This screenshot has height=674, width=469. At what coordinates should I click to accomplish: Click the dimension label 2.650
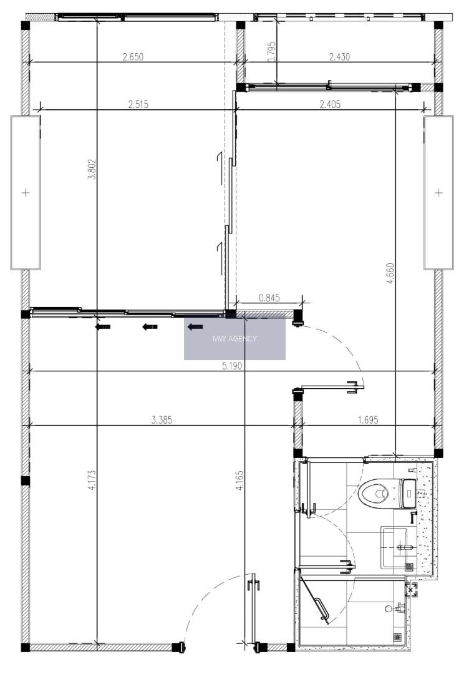133,57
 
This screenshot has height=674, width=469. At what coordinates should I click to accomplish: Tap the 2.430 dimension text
339,57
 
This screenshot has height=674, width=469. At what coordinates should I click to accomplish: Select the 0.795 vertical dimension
271,52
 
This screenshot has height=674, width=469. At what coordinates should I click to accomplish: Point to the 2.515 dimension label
138,104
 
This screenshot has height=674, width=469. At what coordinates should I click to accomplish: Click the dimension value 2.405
331,104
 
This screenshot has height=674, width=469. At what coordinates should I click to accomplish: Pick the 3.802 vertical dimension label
92,169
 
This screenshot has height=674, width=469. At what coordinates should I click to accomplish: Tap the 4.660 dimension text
390,273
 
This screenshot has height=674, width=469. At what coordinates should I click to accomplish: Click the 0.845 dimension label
269,298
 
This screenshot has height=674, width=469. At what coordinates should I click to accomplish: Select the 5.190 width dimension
233,366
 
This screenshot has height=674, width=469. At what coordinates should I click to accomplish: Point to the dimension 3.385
162,420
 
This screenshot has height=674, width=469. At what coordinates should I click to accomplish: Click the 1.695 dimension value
368,420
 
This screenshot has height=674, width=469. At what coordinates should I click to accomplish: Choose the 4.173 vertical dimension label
92,481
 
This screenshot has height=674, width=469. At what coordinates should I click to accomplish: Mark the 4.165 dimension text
239,481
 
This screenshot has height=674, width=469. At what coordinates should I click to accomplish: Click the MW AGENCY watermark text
234,339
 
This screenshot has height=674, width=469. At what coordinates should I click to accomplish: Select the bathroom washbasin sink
394,548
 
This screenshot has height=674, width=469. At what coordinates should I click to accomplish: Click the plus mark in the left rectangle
26,193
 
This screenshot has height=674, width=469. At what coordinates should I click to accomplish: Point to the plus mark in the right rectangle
438,193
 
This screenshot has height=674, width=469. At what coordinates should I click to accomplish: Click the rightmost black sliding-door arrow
195,327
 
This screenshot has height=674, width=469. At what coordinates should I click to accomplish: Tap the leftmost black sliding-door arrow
103,327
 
